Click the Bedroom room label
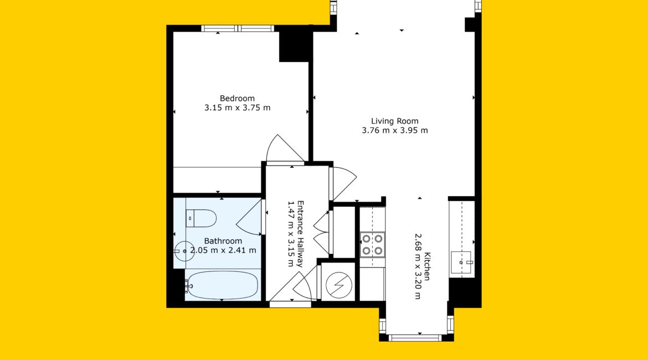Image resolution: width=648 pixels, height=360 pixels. [237, 99]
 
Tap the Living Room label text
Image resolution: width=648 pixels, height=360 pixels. [395, 121]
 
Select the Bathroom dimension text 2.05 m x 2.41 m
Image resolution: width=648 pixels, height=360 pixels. [223, 250]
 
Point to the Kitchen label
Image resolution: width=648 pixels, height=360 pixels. [428, 266]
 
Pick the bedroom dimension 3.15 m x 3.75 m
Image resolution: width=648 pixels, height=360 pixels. [238, 108]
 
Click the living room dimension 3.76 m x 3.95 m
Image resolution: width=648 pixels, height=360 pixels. [395, 131]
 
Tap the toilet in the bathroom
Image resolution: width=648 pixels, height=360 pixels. [201, 218]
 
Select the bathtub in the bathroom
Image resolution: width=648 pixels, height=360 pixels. [221, 285]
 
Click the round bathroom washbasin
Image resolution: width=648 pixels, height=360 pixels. [184, 251]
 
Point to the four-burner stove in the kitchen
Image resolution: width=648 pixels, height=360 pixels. [372, 245]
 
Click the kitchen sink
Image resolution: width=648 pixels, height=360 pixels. [461, 263]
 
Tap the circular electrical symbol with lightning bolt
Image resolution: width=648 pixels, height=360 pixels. [339, 285]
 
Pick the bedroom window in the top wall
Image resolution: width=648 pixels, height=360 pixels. [238, 28]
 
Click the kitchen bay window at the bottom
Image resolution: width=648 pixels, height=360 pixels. [415, 338]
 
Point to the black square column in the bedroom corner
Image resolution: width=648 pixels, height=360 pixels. [294, 46]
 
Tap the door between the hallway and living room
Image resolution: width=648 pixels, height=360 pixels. [344, 183]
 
